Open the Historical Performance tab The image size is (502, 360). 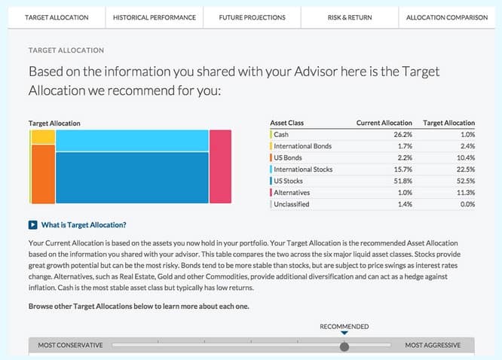point(154,17)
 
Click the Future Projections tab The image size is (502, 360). point(252,17)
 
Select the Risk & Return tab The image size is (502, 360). point(350,17)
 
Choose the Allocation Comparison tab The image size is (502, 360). point(447,17)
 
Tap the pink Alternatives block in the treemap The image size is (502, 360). point(220,166)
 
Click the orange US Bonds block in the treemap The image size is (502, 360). point(44,174)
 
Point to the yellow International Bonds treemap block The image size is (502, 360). point(44,137)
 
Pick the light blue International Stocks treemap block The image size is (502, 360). point(132,140)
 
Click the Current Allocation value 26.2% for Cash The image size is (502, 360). point(399,135)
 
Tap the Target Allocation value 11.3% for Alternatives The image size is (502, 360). point(462,193)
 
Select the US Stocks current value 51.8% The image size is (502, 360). point(399,182)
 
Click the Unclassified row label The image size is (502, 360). point(291,205)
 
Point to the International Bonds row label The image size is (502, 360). point(302,146)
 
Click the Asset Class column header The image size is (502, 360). point(287,123)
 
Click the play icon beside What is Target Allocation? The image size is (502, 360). point(32,224)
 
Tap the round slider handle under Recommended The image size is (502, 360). point(344,346)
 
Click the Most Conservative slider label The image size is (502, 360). point(70,346)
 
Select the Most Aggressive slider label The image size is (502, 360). point(433,346)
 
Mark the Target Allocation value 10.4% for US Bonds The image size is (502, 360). point(462,158)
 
